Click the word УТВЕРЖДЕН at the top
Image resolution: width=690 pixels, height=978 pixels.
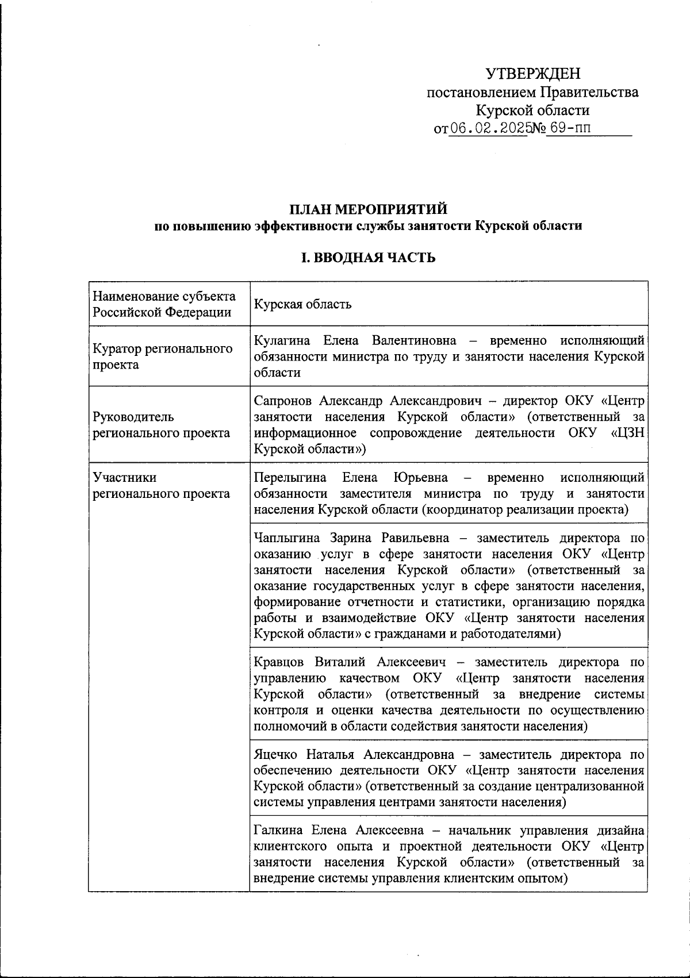pos(532,74)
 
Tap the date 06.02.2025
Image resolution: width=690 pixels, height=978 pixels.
pos(489,128)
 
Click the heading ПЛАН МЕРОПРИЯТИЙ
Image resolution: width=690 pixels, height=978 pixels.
pos(368,208)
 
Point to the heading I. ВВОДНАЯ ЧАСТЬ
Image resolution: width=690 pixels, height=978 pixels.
pos(368,258)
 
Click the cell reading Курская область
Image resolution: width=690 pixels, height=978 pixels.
pos(302,304)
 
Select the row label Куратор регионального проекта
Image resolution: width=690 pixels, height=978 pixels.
pos(163,356)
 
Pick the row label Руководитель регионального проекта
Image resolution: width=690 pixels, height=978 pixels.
pos(162,425)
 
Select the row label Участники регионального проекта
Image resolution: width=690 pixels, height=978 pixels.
pos(162,486)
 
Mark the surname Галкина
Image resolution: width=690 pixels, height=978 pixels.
pos(278,830)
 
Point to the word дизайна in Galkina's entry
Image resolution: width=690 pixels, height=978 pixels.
pos(620,830)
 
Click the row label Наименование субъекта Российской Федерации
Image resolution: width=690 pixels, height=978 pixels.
pos(164,304)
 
